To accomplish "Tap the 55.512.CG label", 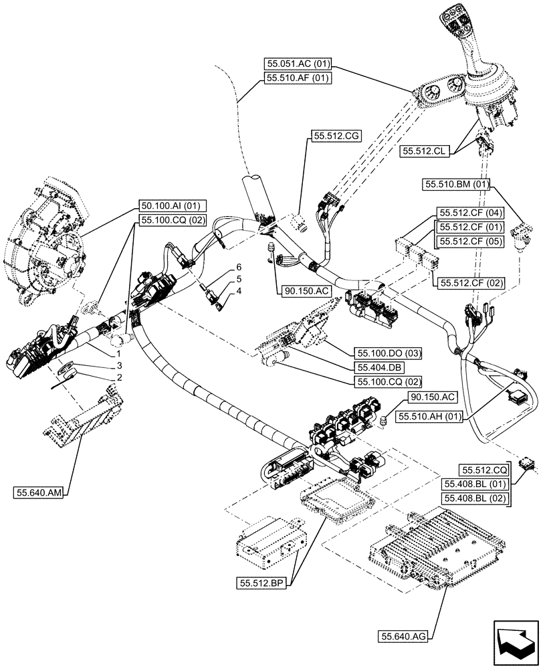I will (336, 136).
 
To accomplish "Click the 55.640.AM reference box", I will (37, 493).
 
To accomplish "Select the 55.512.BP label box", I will (261, 583).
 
